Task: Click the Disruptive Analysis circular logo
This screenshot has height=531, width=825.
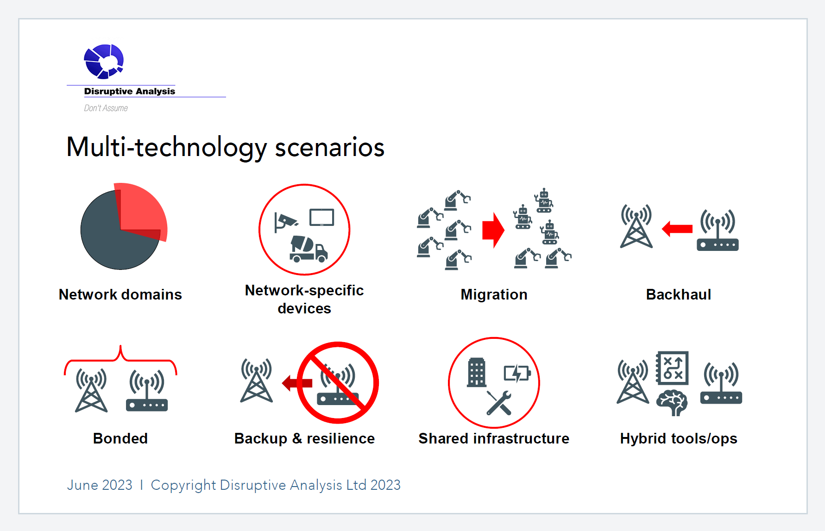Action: tap(104, 61)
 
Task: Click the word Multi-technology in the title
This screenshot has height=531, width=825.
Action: tap(167, 147)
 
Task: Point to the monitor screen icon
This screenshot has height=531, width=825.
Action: tap(322, 217)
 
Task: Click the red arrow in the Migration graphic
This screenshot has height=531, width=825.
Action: tap(493, 230)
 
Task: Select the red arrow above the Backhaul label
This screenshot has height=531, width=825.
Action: tap(677, 229)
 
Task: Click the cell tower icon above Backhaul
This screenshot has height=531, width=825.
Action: tap(636, 226)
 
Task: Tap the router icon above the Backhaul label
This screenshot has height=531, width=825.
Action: tap(718, 230)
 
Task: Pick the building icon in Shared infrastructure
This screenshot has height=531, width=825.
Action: tap(477, 372)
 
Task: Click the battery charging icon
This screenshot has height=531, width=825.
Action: tap(517, 373)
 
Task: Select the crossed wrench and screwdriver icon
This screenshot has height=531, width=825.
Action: tap(499, 403)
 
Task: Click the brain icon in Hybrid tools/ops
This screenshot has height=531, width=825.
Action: tap(672, 402)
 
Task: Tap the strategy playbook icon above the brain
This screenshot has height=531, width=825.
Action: tap(672, 368)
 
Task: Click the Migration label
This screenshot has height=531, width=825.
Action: tap(494, 294)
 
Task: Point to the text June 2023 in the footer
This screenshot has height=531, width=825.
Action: tap(100, 485)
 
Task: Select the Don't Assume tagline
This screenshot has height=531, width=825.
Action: tap(106, 108)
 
